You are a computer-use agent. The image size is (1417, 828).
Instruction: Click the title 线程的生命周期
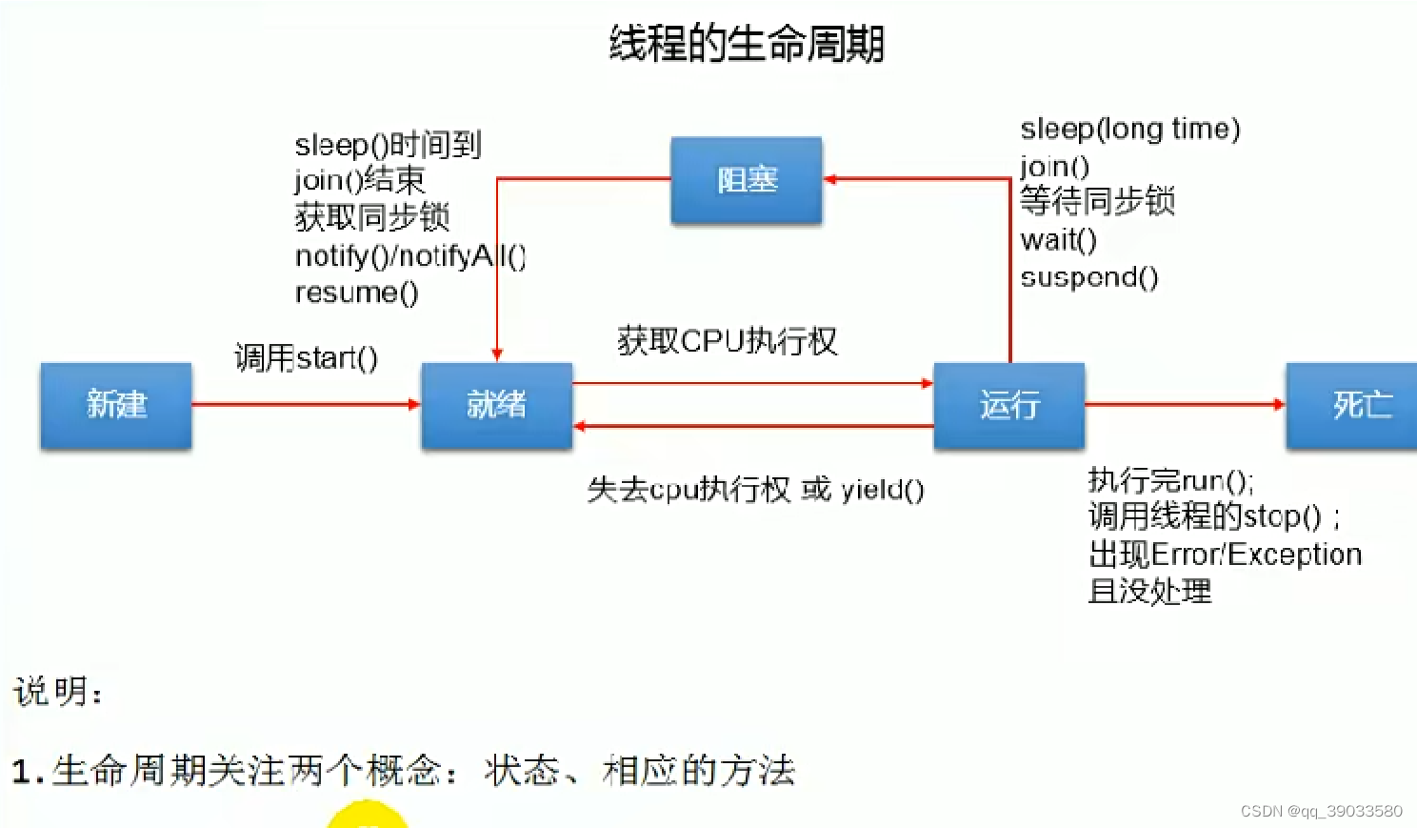coord(747,44)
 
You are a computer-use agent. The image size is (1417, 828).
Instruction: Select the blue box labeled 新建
coord(116,405)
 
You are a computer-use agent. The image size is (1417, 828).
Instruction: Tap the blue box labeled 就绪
coord(496,405)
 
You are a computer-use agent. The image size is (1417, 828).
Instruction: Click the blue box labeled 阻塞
coord(747,180)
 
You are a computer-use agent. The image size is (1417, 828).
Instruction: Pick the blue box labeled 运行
coord(1008,405)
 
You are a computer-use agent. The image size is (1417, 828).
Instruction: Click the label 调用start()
coord(306,358)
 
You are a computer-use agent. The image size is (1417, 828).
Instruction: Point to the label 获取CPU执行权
coord(727,341)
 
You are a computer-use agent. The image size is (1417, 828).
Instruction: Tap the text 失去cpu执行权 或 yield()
coord(755,490)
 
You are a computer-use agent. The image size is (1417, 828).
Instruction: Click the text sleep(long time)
coord(1129,129)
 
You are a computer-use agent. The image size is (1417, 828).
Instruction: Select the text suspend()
coord(1088,277)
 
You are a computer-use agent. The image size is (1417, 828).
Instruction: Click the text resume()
coord(356,293)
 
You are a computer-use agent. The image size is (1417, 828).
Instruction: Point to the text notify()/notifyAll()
coord(409,255)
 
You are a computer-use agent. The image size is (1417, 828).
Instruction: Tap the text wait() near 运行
coord(1058,240)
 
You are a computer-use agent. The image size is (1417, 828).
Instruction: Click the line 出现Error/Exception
coord(1225,555)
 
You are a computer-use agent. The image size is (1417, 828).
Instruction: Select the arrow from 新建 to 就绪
coord(305,404)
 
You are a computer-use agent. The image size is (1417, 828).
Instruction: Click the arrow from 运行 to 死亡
coord(1185,404)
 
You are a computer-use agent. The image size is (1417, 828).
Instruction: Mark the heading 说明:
coord(58,691)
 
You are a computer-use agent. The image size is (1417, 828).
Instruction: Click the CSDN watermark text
coord(1321,811)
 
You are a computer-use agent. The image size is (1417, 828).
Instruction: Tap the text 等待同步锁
coord(1097,201)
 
